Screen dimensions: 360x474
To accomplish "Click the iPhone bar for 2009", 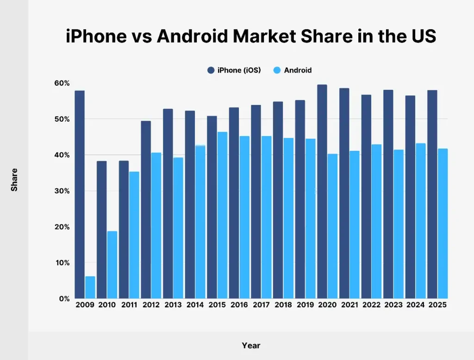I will (x=80, y=194).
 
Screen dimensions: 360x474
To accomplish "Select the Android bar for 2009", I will (x=90, y=287).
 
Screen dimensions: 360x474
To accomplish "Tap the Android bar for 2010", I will (x=112, y=265).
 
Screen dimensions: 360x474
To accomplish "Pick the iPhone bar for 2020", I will (x=322, y=192).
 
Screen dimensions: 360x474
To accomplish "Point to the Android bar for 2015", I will (x=223, y=215).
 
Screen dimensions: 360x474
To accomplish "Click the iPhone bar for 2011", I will (x=124, y=230).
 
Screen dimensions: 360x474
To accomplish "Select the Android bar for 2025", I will (x=443, y=223).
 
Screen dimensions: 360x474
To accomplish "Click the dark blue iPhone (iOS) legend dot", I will (x=211, y=70).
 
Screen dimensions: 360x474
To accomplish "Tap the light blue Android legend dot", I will (x=277, y=70).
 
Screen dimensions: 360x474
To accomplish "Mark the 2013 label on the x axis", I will (x=173, y=305).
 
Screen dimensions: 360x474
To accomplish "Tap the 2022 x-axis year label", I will (x=371, y=305).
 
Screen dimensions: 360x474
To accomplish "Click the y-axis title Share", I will (x=14, y=180).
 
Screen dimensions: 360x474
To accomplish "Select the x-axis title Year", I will (x=251, y=346).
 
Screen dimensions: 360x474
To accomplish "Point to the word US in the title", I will (x=423, y=37).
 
